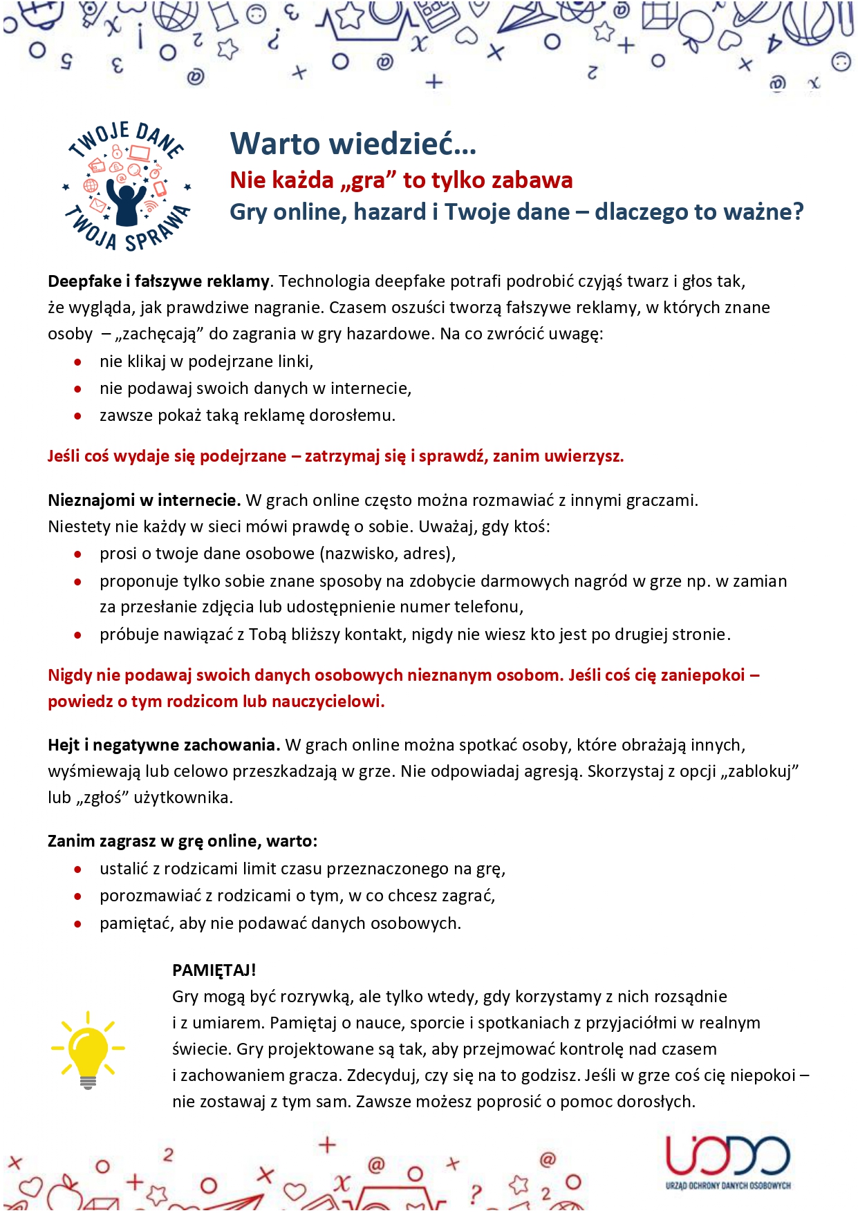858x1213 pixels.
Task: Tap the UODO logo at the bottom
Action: pyautogui.click(x=728, y=1163)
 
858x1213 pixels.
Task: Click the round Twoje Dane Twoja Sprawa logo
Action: pyautogui.click(x=127, y=186)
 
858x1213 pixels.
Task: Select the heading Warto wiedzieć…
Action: pyautogui.click(x=353, y=144)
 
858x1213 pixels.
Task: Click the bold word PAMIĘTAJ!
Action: pyautogui.click(x=214, y=970)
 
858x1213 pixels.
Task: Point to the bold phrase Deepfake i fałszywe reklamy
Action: pyautogui.click(x=158, y=281)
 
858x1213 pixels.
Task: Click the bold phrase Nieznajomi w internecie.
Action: pyautogui.click(x=144, y=500)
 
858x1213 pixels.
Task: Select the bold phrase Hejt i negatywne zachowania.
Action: pyautogui.click(x=163, y=744)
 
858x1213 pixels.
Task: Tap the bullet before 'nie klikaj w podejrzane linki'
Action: pyautogui.click(x=78, y=361)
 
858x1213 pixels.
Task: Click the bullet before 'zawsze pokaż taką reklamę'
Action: pyautogui.click(x=78, y=416)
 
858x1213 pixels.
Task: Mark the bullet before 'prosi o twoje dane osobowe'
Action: pyautogui.click(x=78, y=554)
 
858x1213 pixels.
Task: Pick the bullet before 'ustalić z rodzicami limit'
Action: pyautogui.click(x=78, y=869)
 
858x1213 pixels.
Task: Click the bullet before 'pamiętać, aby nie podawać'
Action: pyautogui.click(x=78, y=923)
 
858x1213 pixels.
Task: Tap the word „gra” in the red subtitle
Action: pyautogui.click(x=369, y=180)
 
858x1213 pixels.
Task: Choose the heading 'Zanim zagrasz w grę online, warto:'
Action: pyautogui.click(x=183, y=840)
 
